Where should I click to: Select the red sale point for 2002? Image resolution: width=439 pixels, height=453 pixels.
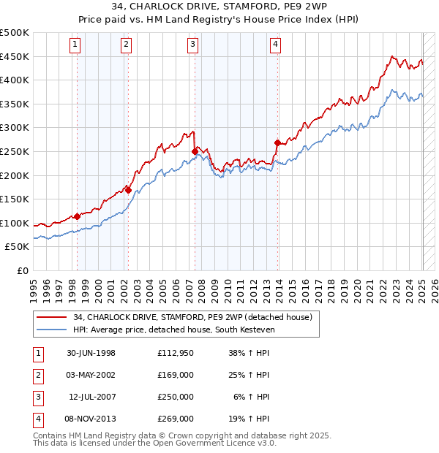click(x=128, y=190)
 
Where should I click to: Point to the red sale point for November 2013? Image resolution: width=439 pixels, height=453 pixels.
click(x=277, y=142)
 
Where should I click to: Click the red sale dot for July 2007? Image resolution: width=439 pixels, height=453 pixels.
click(x=195, y=151)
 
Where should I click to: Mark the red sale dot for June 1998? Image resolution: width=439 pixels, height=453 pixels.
click(x=77, y=216)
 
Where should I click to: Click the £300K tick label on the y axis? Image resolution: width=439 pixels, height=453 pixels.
click(x=14, y=127)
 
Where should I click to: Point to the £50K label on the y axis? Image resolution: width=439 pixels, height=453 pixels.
click(x=17, y=247)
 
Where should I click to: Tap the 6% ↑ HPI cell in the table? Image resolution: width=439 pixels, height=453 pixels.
click(x=255, y=397)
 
